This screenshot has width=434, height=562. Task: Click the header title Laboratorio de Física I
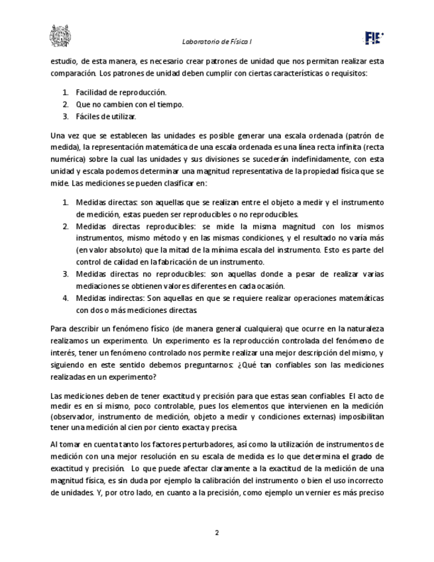pyautogui.click(x=217, y=42)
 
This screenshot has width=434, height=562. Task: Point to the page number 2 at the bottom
pyautogui.click(x=217, y=532)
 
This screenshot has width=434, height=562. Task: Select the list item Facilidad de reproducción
pyautogui.click(x=121, y=93)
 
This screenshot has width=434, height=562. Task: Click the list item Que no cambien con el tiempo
pyautogui.click(x=129, y=105)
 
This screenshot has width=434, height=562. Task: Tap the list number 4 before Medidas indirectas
pyautogui.click(x=66, y=298)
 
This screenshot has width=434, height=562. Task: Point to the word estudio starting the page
pyautogui.click(x=62, y=61)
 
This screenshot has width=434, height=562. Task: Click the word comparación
pyautogui.click(x=72, y=73)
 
